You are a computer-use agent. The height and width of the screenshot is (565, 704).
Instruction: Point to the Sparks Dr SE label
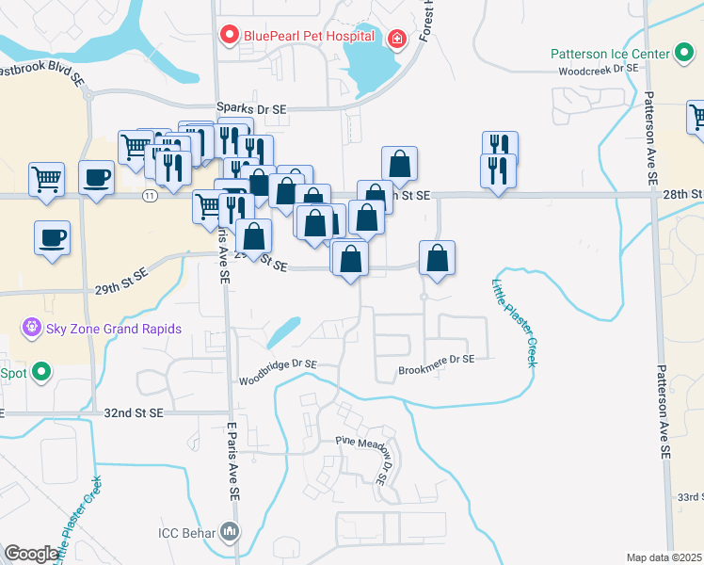tap(250, 109)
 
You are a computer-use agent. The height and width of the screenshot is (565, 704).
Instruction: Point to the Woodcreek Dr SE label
tap(598, 70)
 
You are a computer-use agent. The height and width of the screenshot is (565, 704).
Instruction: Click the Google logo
tap(31, 554)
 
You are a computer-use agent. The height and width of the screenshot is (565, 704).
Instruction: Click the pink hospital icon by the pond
tap(397, 38)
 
